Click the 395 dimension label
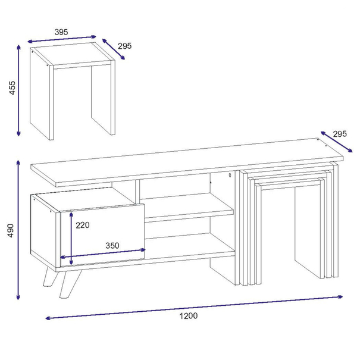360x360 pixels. tap(61, 32)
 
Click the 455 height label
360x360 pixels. tap(12, 87)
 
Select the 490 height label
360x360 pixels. tap(11, 230)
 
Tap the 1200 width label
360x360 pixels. tap(188, 316)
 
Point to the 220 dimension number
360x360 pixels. tap(83, 225)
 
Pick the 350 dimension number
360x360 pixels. tap(112, 245)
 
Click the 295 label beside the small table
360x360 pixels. tap(125, 46)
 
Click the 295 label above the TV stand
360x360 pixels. tap(340, 134)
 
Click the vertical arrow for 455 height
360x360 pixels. tap(18, 90)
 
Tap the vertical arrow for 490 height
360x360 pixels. tap(18, 230)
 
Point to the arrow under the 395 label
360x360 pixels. tap(61, 39)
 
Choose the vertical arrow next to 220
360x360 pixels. tap(71, 239)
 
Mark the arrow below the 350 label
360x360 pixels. tap(102, 253)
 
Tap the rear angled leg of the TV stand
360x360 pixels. tap(51, 277)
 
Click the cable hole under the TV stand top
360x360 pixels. tap(230, 175)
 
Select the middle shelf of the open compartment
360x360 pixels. tap(189, 208)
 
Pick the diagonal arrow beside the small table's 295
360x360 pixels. tap(114, 49)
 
